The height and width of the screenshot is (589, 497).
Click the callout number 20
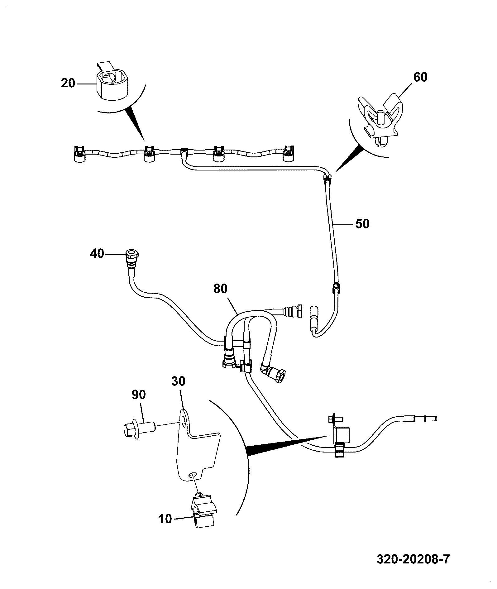(x=68, y=83)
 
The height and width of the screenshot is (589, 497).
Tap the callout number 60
(x=420, y=77)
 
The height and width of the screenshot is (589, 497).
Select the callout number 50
(x=362, y=224)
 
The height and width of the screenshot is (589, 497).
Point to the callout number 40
(x=97, y=254)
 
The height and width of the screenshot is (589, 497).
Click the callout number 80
(x=221, y=289)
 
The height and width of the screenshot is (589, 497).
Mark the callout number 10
(x=165, y=519)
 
